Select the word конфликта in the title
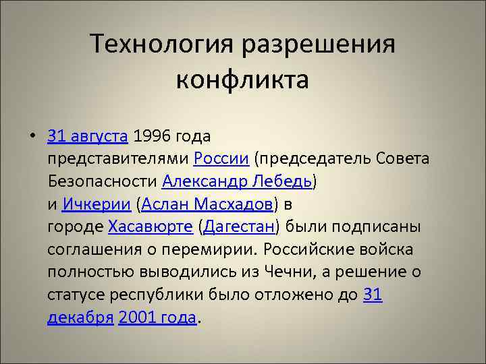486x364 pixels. pos(242,80)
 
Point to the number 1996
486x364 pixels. pos(152,136)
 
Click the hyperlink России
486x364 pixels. pos(221,159)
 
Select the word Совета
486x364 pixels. pos(405,159)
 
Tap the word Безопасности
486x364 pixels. pos(103,182)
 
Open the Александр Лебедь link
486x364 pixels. pos(237,182)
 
